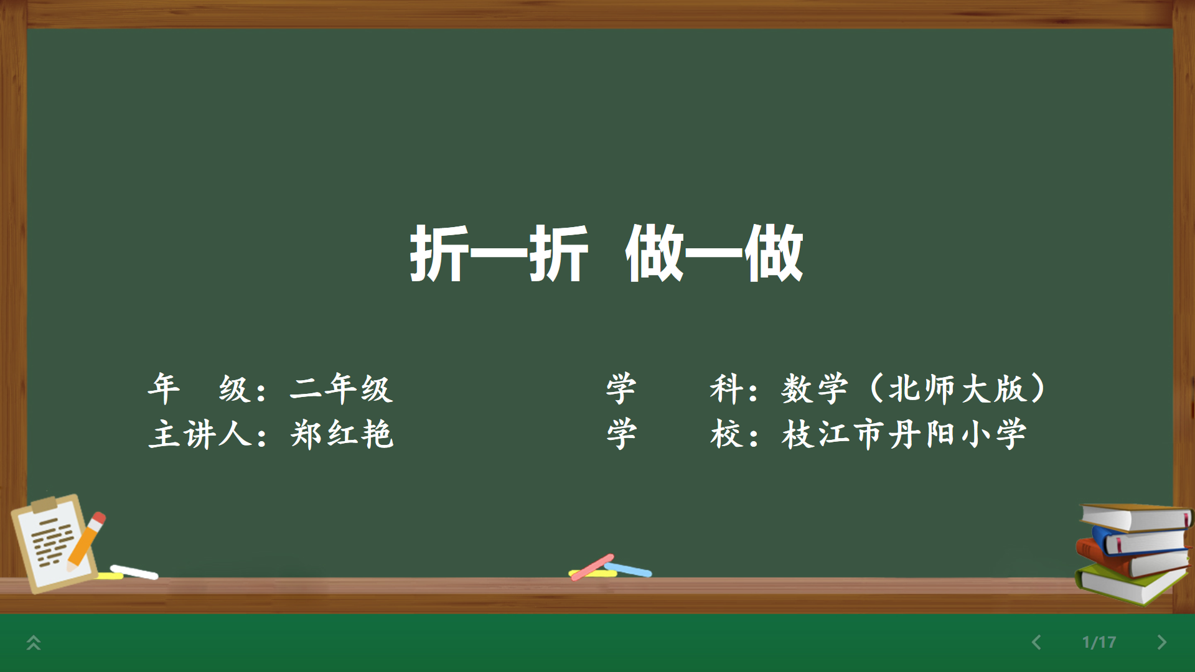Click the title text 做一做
coord(715,253)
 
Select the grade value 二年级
coord(341,388)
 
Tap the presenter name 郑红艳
coord(342,434)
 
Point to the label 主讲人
coord(200,434)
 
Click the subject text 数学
coord(815,388)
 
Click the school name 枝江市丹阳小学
coord(904,434)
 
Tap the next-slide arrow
coord(1161,642)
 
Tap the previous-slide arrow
coord(1036,642)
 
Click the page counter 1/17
coord(1099,642)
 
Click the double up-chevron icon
coord(34,643)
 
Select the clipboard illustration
coord(55,544)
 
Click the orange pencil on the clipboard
coord(86,541)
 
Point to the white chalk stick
coord(134,572)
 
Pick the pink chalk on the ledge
coord(592,567)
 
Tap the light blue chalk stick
coord(629,569)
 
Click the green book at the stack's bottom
coord(1130,585)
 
